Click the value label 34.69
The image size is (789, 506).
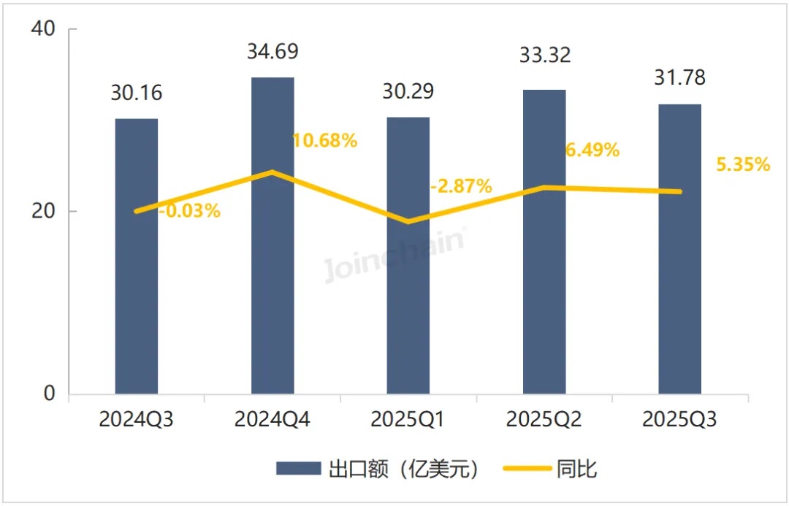click(273, 53)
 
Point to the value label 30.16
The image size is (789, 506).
click(137, 93)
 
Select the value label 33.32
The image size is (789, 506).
click(545, 55)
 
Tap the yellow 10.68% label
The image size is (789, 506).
click(324, 141)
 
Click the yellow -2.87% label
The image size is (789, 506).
click(460, 186)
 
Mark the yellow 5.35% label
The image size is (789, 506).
click(743, 165)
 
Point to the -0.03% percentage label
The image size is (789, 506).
click(188, 211)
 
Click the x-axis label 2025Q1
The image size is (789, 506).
click(408, 421)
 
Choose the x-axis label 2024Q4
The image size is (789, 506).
click(272, 421)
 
